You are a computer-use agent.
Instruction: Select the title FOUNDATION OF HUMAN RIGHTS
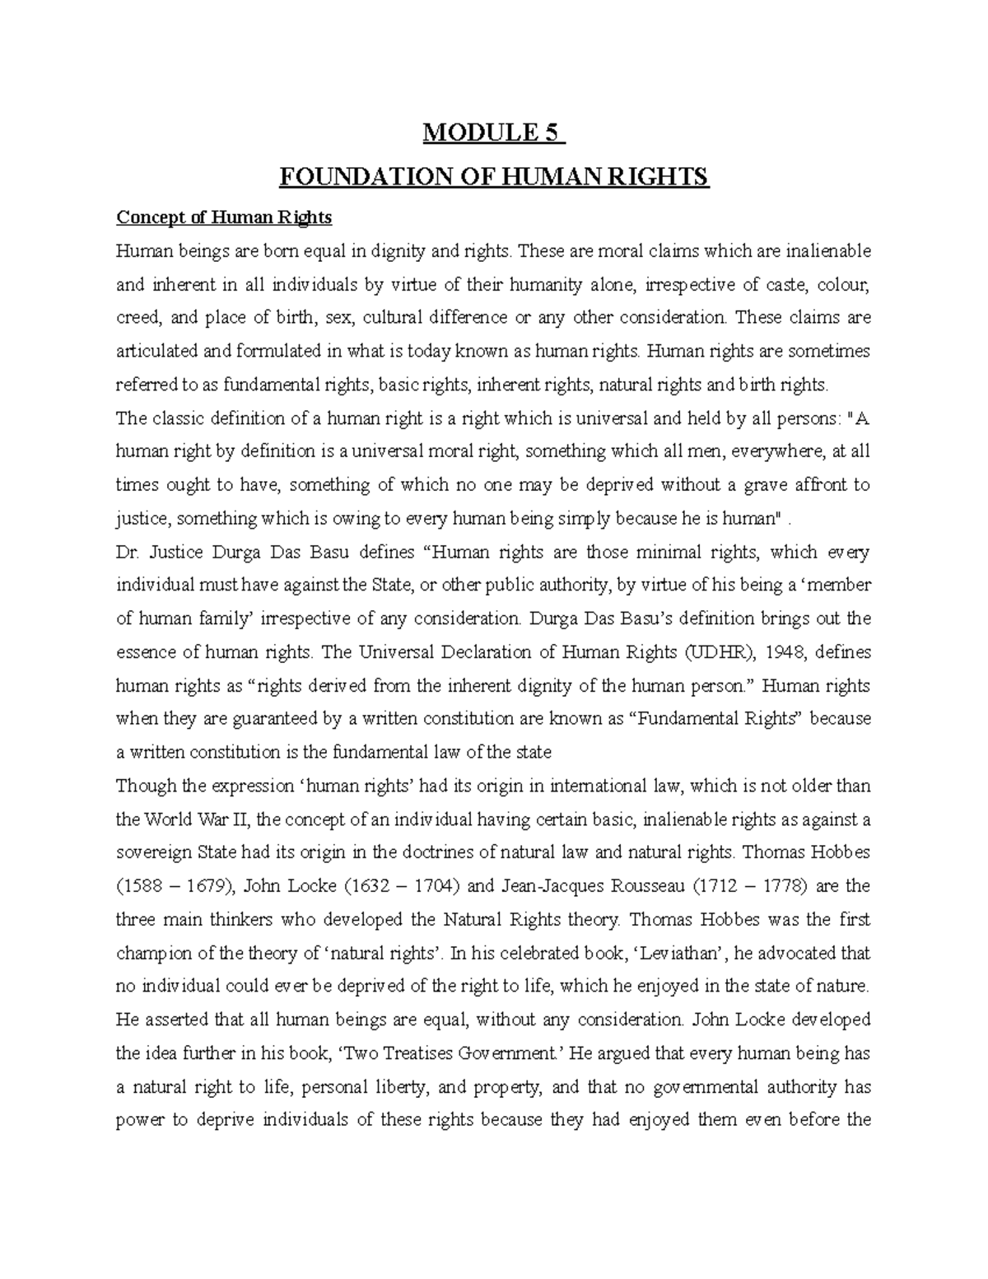(x=494, y=177)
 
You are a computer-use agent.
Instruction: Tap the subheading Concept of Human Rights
(x=224, y=217)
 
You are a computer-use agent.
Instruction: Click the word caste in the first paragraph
(x=788, y=285)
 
